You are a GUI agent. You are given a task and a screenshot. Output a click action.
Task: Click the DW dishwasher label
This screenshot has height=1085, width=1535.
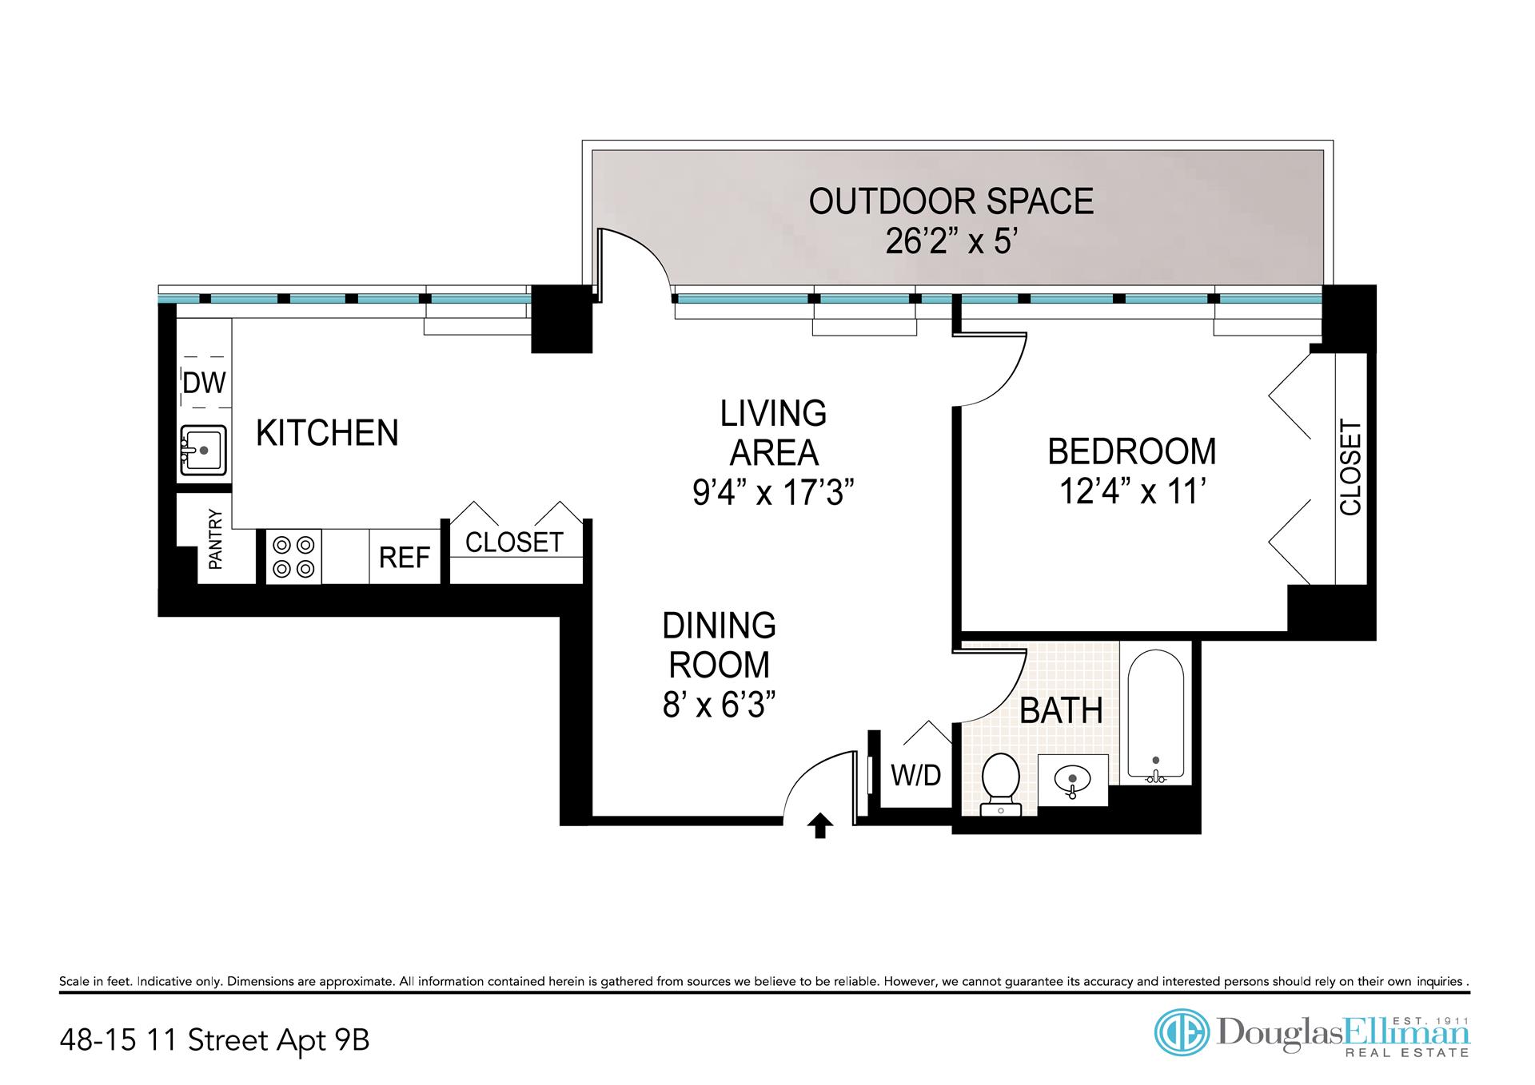click(x=205, y=383)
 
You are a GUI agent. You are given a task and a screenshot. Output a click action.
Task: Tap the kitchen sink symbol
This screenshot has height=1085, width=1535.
click(x=203, y=451)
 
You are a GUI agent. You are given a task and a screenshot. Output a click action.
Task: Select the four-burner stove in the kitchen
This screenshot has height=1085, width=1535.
click(x=293, y=557)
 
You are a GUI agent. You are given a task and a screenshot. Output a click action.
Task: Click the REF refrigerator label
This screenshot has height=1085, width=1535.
click(x=405, y=558)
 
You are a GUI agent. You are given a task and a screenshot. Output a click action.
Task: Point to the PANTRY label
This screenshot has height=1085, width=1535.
click(x=216, y=539)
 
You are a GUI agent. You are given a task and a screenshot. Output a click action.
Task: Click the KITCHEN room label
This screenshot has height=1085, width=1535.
click(x=327, y=433)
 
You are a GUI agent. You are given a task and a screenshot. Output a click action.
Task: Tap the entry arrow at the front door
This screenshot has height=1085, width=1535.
click(x=819, y=826)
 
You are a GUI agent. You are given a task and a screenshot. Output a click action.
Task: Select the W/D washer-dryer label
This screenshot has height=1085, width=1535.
click(x=916, y=774)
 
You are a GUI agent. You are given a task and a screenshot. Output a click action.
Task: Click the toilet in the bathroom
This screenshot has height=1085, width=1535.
click(x=1001, y=785)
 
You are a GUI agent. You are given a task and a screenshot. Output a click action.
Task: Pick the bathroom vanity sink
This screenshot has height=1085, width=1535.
click(x=1073, y=780)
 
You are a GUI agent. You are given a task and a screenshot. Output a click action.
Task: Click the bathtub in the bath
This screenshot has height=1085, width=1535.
click(x=1156, y=715)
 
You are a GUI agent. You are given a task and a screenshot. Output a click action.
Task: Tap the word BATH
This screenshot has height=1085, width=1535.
click(x=1062, y=710)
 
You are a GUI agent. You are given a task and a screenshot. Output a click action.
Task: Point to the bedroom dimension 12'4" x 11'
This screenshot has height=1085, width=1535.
click(x=1132, y=491)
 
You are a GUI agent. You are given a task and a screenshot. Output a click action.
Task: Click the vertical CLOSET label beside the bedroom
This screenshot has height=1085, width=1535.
click(x=1350, y=467)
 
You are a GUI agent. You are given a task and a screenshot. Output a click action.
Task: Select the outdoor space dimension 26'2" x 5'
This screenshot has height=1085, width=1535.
click(x=951, y=240)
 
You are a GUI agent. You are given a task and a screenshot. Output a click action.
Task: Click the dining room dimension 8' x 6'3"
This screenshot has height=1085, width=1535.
click(x=720, y=705)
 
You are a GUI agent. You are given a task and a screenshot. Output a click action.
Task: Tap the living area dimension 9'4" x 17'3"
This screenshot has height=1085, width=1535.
click(x=774, y=492)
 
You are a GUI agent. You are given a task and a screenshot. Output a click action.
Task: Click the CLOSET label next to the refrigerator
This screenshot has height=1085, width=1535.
click(x=514, y=542)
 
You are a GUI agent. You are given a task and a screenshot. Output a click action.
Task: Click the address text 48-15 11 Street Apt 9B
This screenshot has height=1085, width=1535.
click(x=214, y=1040)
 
